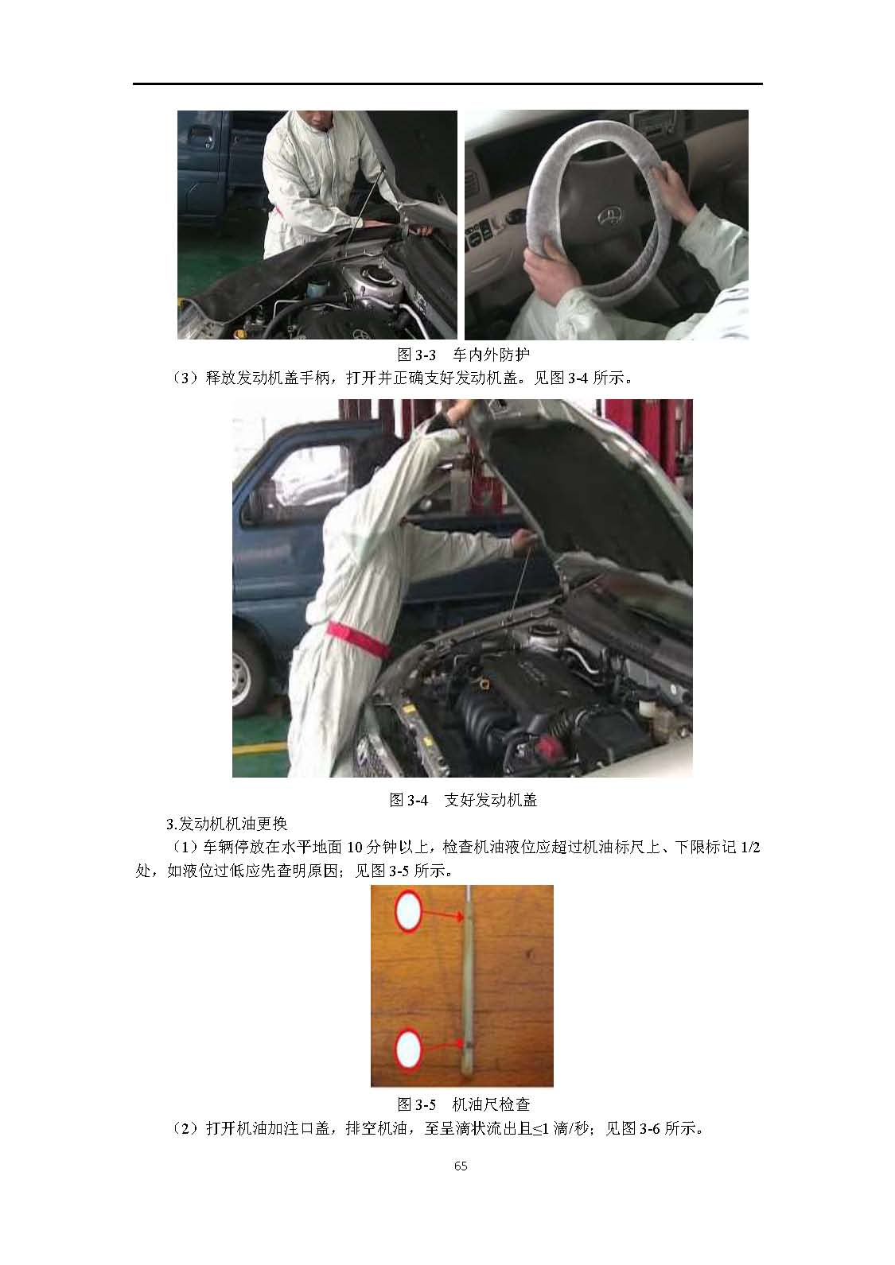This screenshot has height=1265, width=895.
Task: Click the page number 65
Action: (461, 1166)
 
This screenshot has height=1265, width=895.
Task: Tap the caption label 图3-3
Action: (416, 355)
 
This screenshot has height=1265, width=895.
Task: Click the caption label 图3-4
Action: (408, 800)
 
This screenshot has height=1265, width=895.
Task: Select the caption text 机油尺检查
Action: (491, 1104)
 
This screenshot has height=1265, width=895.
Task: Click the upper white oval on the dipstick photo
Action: (408, 911)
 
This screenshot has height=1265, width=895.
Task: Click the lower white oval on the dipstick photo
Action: (408, 1050)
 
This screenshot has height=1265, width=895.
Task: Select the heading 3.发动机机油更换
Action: (228, 824)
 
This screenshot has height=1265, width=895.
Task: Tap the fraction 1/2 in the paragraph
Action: (749, 848)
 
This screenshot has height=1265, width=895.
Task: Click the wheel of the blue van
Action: (244, 677)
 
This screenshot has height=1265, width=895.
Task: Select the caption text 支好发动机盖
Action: (491, 800)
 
